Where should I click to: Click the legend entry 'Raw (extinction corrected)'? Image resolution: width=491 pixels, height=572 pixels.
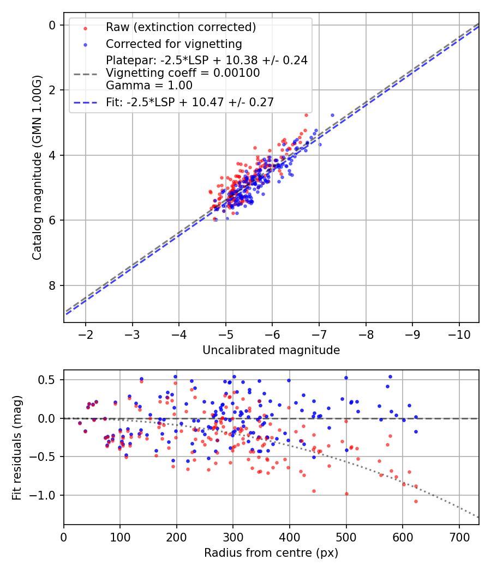181,27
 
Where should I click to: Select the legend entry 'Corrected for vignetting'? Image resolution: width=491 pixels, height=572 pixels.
173,44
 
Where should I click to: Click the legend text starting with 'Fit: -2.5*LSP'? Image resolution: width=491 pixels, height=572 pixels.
190,101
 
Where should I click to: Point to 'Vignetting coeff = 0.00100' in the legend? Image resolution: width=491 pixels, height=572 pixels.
183,72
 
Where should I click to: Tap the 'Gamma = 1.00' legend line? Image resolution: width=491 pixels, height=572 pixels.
149,85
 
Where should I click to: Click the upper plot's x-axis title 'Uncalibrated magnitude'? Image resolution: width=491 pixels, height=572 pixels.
271,350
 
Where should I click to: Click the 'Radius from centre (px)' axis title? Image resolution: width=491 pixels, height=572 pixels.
271,553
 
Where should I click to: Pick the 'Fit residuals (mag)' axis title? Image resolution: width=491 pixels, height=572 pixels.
16,447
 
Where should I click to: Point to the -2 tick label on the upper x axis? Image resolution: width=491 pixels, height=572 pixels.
86,334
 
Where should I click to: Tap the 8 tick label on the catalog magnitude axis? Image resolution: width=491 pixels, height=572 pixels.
52,285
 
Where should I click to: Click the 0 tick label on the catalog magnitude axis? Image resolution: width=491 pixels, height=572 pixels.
52,25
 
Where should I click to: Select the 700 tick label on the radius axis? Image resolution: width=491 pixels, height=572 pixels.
459,537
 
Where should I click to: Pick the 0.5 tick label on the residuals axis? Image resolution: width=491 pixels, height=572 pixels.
48,380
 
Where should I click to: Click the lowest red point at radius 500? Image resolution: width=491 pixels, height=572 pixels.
346,494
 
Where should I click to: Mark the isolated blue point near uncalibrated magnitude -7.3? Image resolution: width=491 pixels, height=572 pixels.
332,115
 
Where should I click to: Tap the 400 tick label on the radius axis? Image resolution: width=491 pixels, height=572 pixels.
290,537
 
